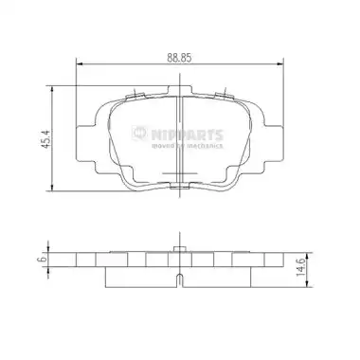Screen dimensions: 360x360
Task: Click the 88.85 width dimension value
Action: [x=179, y=58]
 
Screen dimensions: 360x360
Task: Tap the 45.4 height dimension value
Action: [x=46, y=139]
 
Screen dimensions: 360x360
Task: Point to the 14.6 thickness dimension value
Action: [x=300, y=267]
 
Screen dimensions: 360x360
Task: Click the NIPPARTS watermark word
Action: [x=188, y=135]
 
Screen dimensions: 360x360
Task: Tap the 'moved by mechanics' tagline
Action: [x=188, y=146]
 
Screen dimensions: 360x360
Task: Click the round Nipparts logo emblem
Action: [x=139, y=134]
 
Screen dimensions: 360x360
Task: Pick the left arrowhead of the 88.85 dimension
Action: [x=80, y=64]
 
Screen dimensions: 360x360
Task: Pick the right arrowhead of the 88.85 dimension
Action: [x=279, y=64]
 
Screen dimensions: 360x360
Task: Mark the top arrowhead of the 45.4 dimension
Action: [x=52, y=89]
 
